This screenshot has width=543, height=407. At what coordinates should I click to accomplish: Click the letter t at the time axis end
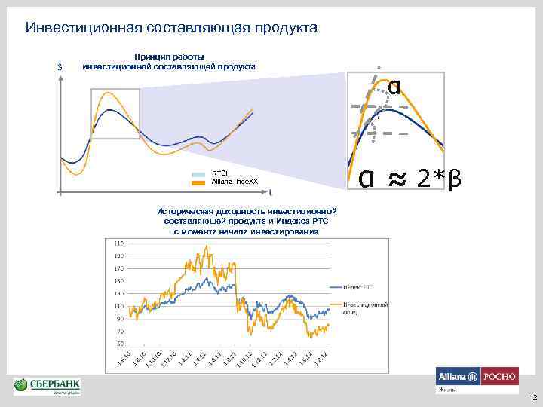click(x=271, y=191)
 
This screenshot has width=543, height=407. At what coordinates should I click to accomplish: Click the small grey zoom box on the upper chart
click(x=115, y=113)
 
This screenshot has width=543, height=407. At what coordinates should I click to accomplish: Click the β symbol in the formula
click(x=455, y=179)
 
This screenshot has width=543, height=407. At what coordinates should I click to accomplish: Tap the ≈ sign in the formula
click(x=394, y=179)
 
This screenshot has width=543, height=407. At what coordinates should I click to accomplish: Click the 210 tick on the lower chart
click(x=118, y=244)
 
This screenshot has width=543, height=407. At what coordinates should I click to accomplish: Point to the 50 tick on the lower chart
click(x=120, y=343)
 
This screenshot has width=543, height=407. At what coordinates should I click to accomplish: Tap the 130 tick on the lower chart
click(x=118, y=293)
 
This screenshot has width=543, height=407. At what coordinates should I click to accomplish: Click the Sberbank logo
click(x=47, y=386)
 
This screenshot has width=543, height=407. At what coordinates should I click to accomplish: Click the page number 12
click(x=532, y=397)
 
